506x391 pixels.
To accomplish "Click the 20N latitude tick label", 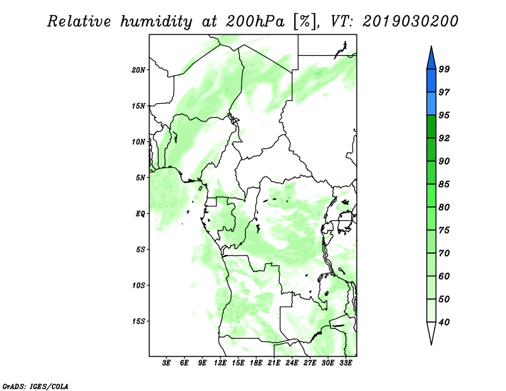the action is (139, 70).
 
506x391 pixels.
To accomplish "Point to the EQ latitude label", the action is (140, 214).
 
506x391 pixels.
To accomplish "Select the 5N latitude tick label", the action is (140, 178).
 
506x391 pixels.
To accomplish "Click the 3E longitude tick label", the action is (166, 363).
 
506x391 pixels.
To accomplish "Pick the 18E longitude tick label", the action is (256, 363).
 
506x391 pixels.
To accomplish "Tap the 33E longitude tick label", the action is (345, 363).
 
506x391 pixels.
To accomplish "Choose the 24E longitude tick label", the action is (292, 363).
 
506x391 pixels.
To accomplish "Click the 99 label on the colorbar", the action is (444, 69).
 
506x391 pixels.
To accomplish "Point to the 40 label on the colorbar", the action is (444, 322).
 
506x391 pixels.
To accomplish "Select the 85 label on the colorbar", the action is (444, 184).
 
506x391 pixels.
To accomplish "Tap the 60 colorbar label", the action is (444, 276).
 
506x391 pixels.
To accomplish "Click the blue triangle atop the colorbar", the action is (431, 59).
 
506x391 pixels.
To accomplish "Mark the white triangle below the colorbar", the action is (431, 332).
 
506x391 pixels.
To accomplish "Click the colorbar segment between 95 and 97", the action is (431, 104).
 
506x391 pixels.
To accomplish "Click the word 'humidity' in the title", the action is (156, 22).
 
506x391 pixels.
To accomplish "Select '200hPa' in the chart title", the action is (255, 22).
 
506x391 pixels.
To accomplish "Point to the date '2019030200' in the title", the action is (410, 22).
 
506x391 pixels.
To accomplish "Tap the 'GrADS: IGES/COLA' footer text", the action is (35, 387).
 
